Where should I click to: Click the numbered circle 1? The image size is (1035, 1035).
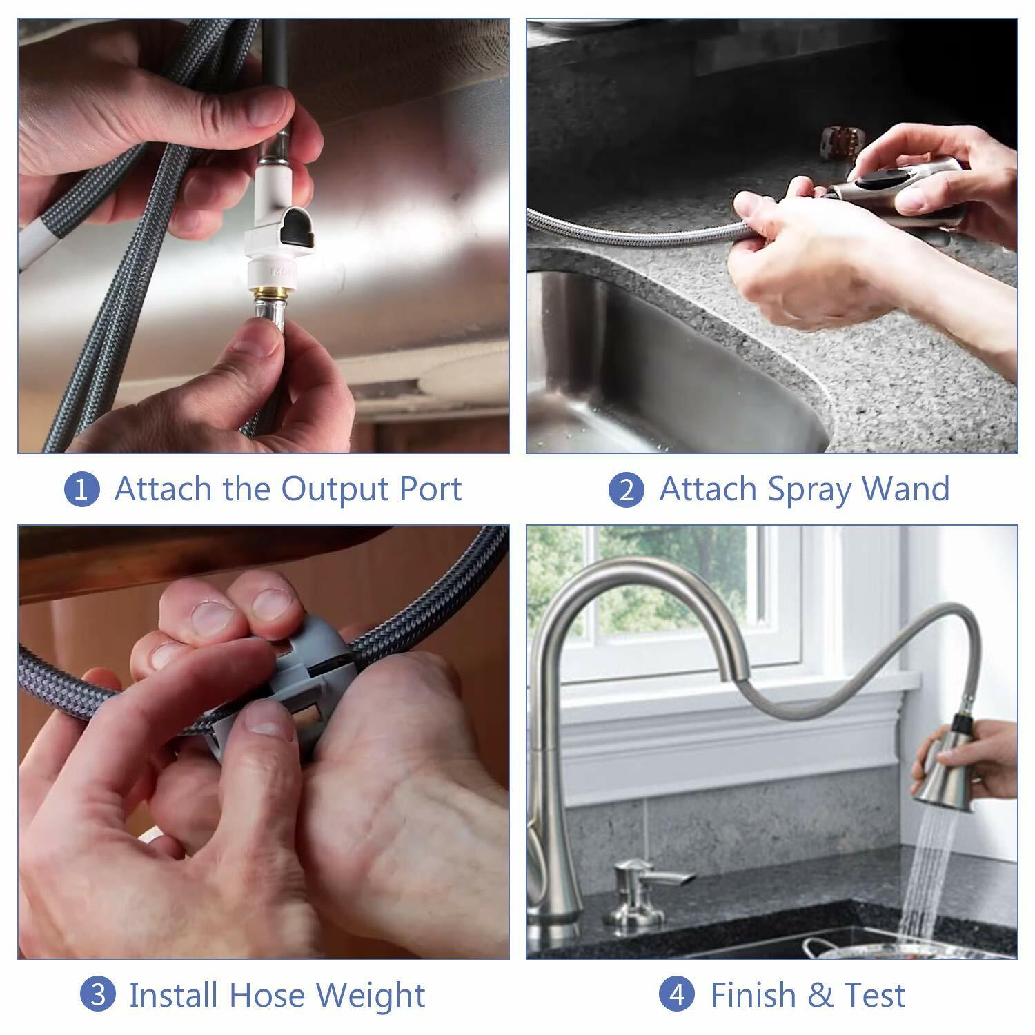coord(81,489)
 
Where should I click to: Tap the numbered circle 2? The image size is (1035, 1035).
coord(626,490)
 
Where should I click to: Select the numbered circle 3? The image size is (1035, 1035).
coord(98,995)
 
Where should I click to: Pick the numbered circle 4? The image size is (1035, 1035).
coord(677,995)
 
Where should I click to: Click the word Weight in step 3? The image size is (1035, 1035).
coord(370,996)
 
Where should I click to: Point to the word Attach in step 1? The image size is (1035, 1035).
coord(162,489)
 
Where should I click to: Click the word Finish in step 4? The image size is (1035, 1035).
coord(753,995)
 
